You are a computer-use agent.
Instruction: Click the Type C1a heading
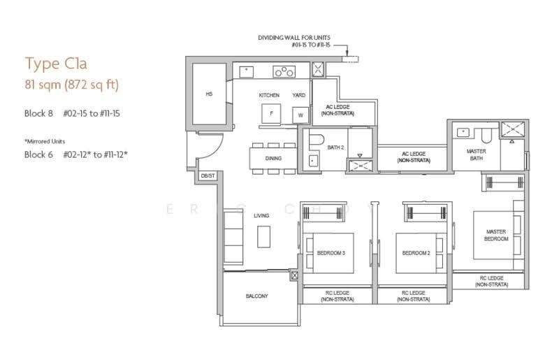[x=56, y=64]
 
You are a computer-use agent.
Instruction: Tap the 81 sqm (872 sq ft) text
[x=72, y=85]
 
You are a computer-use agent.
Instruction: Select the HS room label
[x=209, y=94]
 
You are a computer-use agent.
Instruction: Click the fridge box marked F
[x=271, y=114]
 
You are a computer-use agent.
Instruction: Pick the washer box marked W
[x=300, y=115]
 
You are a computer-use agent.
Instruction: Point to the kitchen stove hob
[x=284, y=72]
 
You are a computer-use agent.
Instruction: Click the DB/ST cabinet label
[x=208, y=176]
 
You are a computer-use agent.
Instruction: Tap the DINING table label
[x=273, y=159]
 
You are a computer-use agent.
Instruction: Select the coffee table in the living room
[x=264, y=236]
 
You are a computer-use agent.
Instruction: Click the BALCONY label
[x=256, y=296]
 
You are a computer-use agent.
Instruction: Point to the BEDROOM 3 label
[x=331, y=253]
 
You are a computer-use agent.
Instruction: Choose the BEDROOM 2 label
[x=416, y=253]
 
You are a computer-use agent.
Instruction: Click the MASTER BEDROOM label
[x=496, y=235]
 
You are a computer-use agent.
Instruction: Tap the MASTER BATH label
[x=477, y=154]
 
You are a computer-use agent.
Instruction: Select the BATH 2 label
[x=335, y=147]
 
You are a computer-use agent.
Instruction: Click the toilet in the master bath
[x=486, y=136]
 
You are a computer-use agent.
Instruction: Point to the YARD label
[x=299, y=95]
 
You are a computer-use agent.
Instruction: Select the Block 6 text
[x=38, y=154]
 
